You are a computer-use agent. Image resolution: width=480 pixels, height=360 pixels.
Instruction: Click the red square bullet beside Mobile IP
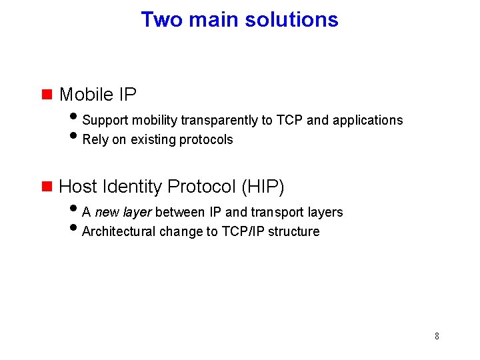click(x=47, y=94)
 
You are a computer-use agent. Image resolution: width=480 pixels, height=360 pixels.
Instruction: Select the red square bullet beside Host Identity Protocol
click(x=47, y=186)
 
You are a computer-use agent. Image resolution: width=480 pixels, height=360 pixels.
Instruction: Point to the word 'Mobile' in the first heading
click(x=86, y=95)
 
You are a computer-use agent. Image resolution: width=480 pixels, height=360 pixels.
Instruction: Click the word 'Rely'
click(x=95, y=140)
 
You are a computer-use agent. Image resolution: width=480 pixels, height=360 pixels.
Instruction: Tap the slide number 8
click(x=437, y=336)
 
